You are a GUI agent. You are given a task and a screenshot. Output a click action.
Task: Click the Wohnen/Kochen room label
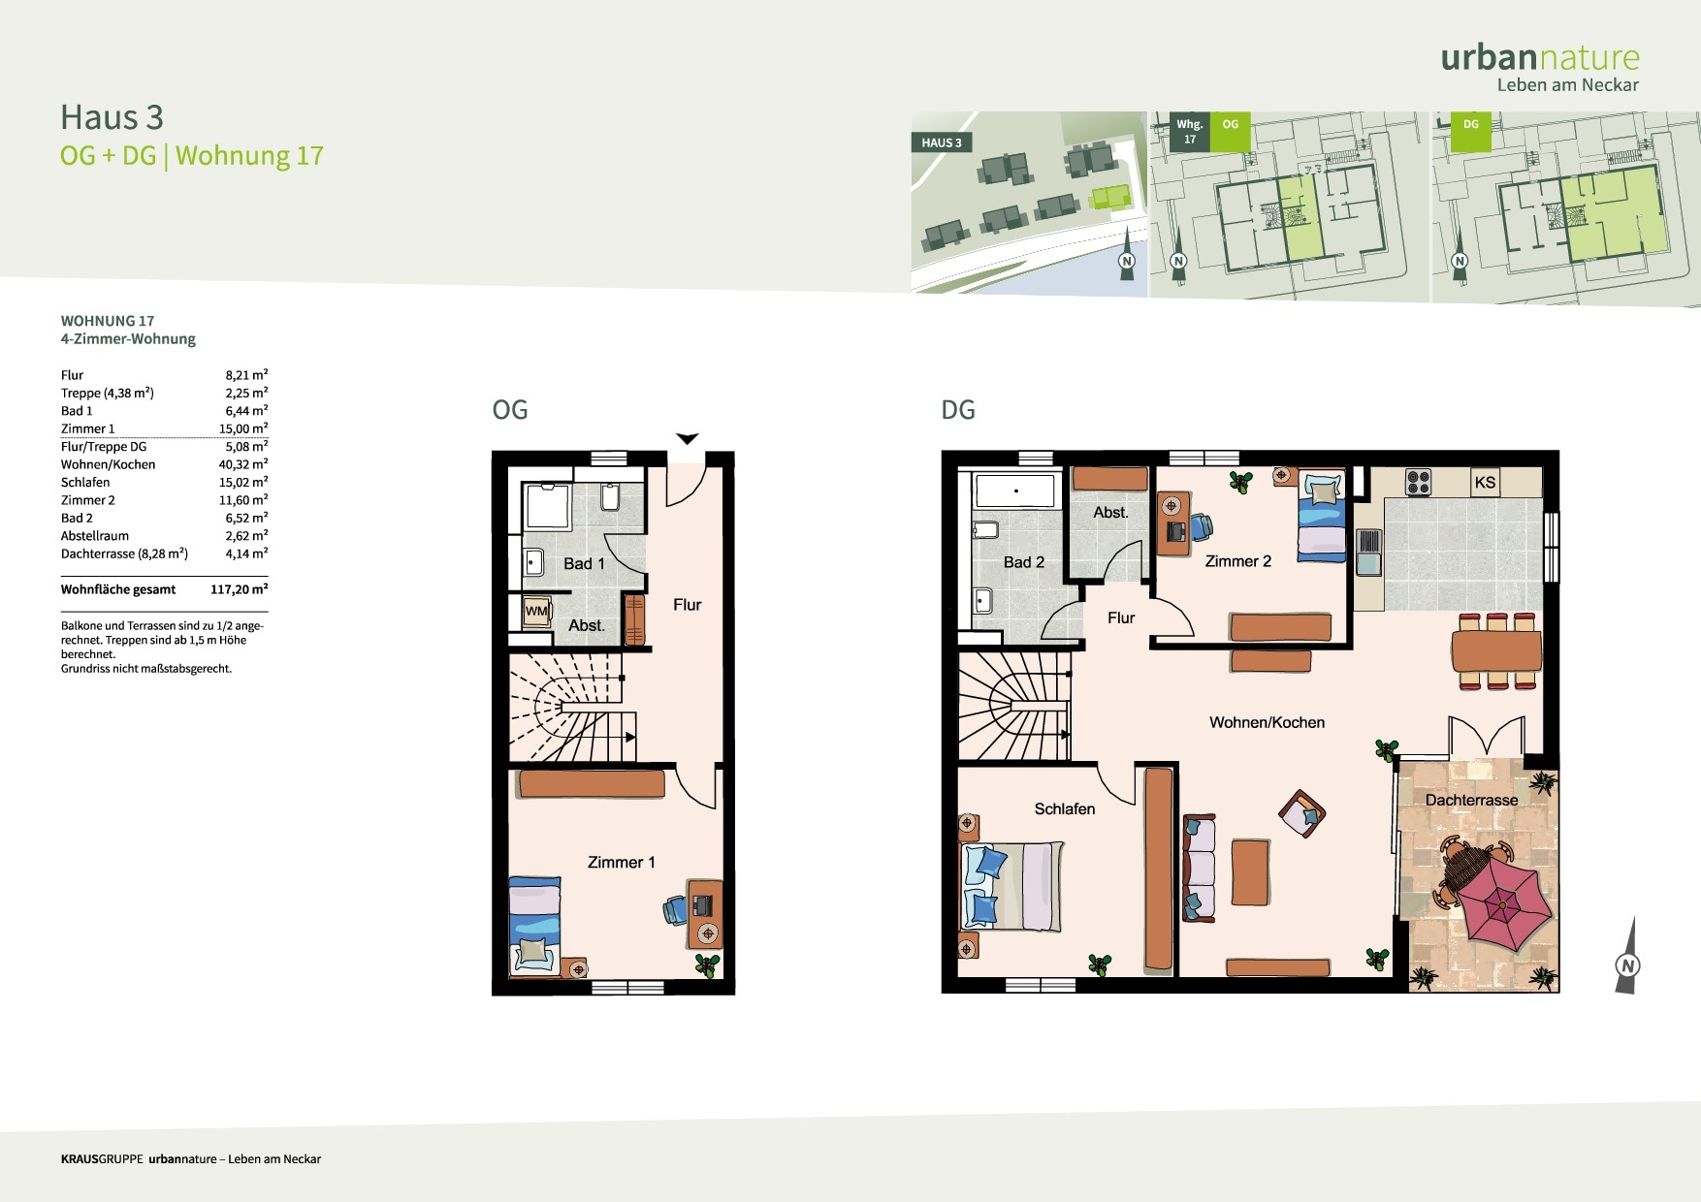(1267, 722)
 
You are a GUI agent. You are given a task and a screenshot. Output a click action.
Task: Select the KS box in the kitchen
(1485, 483)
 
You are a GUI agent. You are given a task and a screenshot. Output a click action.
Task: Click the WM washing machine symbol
(536, 611)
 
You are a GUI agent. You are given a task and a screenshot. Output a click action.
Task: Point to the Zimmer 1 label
(621, 862)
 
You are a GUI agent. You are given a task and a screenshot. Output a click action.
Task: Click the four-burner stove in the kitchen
(1418, 482)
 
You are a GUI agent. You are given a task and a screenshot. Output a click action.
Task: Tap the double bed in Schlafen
(1011, 886)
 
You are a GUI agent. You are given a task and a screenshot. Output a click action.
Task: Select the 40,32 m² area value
(243, 464)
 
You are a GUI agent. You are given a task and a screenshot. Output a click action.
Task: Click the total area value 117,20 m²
(240, 589)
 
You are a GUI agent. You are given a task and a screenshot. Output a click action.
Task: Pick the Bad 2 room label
(1023, 562)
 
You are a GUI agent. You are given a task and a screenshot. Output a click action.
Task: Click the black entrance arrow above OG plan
(688, 439)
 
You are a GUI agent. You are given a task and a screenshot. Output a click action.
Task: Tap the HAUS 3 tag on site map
(942, 142)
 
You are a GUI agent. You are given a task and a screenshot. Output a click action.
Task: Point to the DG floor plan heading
(958, 410)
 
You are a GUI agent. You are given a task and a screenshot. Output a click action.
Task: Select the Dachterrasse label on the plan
(1471, 800)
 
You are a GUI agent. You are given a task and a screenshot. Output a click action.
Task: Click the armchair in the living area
(1301, 813)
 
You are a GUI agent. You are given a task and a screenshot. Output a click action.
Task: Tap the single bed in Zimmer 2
(1322, 516)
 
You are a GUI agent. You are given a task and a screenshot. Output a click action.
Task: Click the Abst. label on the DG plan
(1110, 512)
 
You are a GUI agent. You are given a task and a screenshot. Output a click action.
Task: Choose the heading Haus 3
(112, 117)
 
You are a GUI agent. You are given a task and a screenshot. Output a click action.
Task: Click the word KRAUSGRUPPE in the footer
(102, 1159)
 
